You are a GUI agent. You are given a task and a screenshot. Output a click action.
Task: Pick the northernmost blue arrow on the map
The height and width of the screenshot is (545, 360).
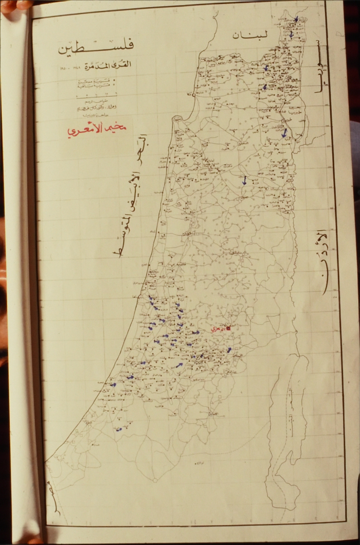click(x=296, y=20)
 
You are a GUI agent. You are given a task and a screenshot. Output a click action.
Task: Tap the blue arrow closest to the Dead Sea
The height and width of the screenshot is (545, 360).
click(x=229, y=350)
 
